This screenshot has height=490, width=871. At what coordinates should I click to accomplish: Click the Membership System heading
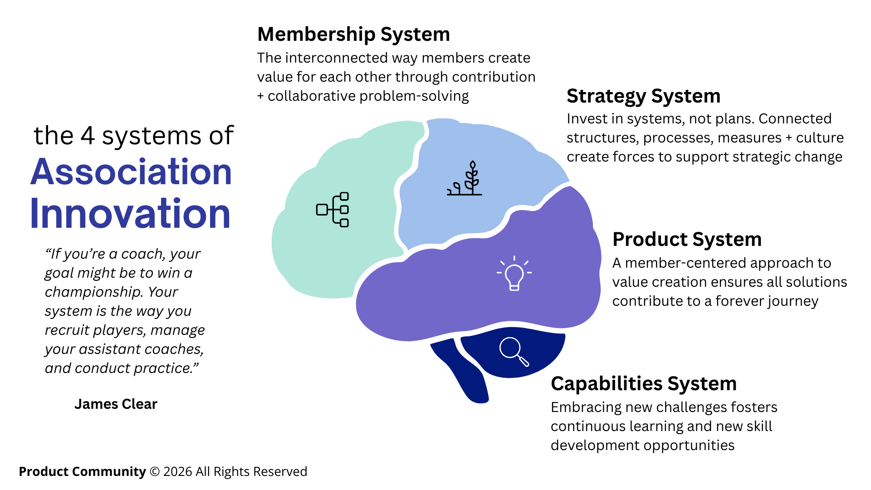tap(353, 34)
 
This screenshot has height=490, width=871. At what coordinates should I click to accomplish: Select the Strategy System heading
tap(643, 96)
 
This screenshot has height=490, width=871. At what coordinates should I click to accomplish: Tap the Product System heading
tap(687, 240)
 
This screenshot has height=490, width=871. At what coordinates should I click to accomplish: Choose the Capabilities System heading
tap(643, 384)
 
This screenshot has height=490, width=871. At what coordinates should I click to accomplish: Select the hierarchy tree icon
tap(333, 210)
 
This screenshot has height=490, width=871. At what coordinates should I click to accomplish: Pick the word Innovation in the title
tap(130, 213)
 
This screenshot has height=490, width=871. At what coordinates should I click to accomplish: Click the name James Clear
tap(116, 404)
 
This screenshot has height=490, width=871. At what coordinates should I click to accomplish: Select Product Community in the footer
tap(82, 472)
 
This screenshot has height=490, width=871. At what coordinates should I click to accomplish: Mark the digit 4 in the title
tap(88, 136)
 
